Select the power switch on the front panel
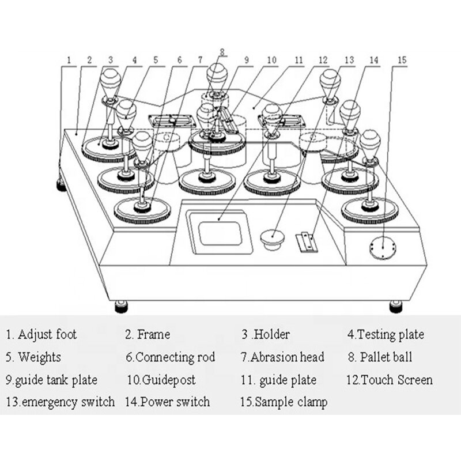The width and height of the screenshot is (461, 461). click(305, 241)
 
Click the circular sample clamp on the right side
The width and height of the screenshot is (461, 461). click(382, 248)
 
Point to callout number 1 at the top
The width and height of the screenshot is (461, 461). click(69, 59)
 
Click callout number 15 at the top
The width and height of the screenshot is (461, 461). click(402, 59)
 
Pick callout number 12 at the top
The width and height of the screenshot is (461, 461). click(323, 59)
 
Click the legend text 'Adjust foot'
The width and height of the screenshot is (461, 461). click(41, 334)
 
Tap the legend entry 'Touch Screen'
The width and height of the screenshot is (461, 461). click(389, 380)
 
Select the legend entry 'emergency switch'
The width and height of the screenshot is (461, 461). click(61, 402)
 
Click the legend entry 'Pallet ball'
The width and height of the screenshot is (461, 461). click(380, 357)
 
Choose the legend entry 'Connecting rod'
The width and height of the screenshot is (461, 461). click(170, 357)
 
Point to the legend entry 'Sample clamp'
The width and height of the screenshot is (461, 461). click(284, 402)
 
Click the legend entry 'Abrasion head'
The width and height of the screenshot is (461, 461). click(282, 357)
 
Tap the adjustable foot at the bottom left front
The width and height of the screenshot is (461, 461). click(121, 306)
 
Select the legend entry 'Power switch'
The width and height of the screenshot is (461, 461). click(168, 402)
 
